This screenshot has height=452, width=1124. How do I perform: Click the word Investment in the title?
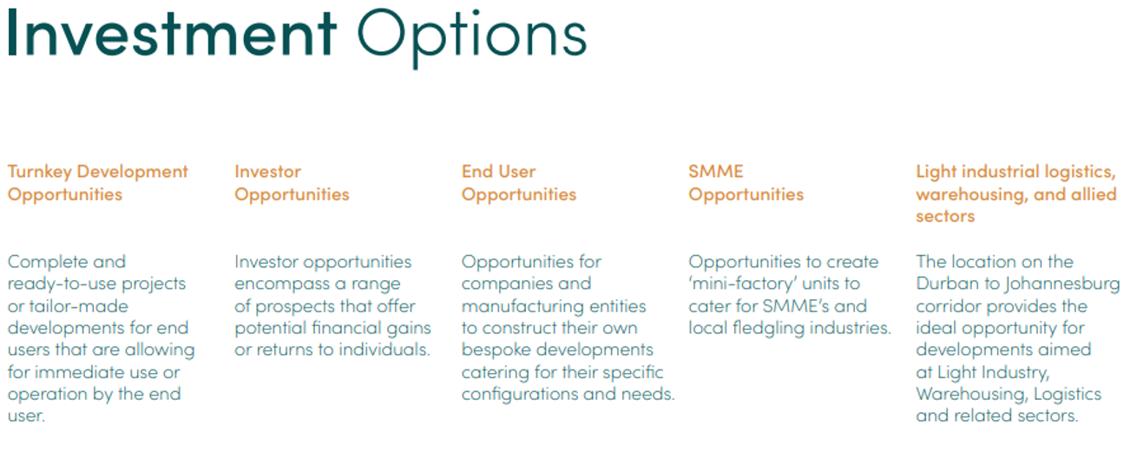click(x=172, y=34)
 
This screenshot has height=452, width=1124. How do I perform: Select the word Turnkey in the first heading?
click(x=40, y=173)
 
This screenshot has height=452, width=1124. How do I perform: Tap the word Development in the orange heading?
click(x=133, y=173)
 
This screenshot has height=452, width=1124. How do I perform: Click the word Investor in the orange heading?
click(x=267, y=172)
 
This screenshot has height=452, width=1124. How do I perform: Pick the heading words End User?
click(x=498, y=172)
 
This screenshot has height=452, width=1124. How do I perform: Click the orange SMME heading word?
click(x=715, y=172)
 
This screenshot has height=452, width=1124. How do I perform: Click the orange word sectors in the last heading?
click(x=945, y=217)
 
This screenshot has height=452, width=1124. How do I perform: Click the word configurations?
click(x=519, y=395)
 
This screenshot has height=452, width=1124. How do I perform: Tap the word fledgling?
click(x=768, y=329)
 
